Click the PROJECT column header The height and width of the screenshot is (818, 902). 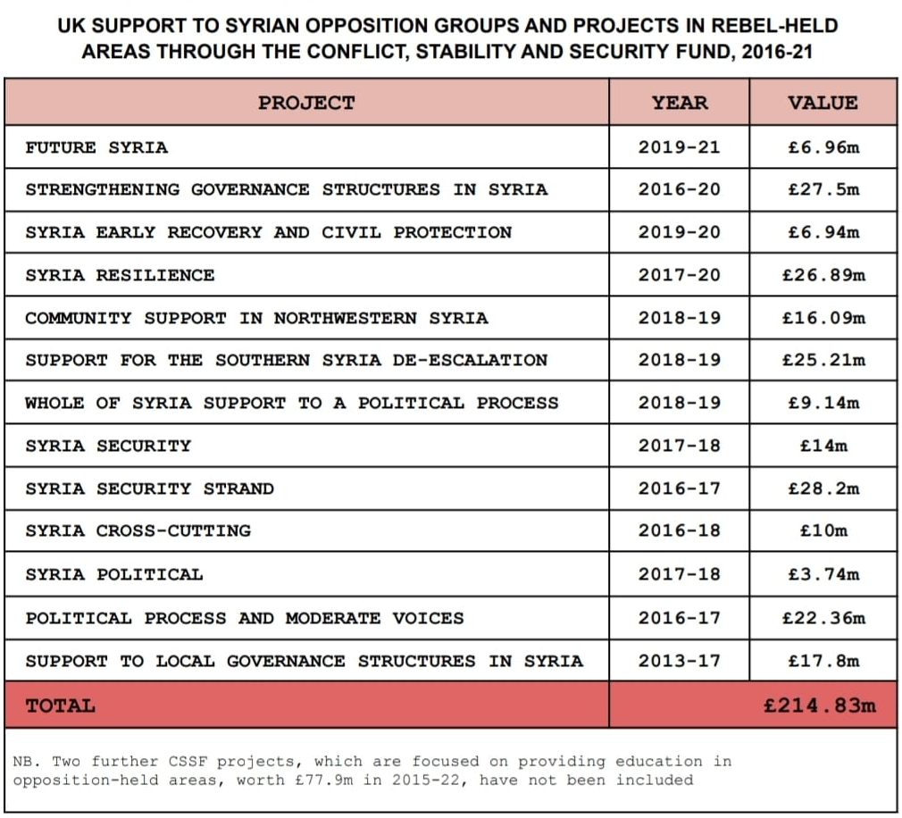(x=306, y=103)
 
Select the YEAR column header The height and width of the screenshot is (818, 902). (x=680, y=103)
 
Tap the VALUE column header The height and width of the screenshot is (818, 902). (x=823, y=103)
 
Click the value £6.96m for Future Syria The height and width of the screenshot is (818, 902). (x=823, y=148)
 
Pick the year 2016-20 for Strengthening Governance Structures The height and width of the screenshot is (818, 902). (x=680, y=190)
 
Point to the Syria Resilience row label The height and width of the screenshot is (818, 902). (x=120, y=276)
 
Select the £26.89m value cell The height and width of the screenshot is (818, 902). (x=823, y=276)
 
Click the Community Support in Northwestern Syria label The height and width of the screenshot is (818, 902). (x=256, y=318)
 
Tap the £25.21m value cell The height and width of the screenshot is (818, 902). (x=823, y=360)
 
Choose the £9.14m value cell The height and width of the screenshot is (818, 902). (x=823, y=404)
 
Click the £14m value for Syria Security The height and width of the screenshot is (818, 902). (x=823, y=446)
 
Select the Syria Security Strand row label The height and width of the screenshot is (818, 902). (x=149, y=489)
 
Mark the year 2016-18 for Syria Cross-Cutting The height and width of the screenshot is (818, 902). (x=680, y=530)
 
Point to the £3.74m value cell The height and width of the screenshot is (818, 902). (x=823, y=574)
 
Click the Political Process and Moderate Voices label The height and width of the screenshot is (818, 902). (x=245, y=618)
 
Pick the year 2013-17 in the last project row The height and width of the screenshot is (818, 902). (x=680, y=661)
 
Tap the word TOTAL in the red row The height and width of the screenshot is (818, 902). (x=61, y=705)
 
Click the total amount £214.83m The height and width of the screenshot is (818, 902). (x=820, y=705)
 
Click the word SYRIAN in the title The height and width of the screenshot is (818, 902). (x=263, y=27)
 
